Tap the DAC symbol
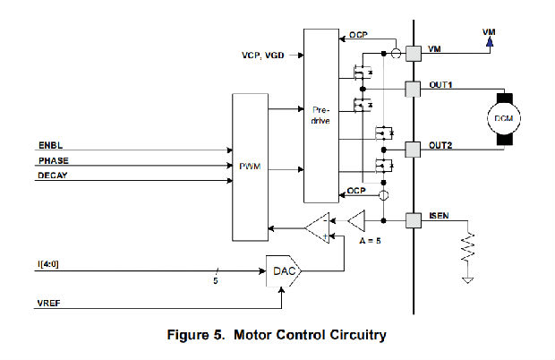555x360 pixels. point(283,267)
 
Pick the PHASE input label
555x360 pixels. point(53,161)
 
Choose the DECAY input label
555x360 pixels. point(53,176)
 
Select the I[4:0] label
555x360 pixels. point(49,262)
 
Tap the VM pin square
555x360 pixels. point(414,53)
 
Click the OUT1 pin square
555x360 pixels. point(414,89)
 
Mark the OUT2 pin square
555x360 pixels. point(414,147)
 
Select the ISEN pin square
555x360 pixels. point(414,219)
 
